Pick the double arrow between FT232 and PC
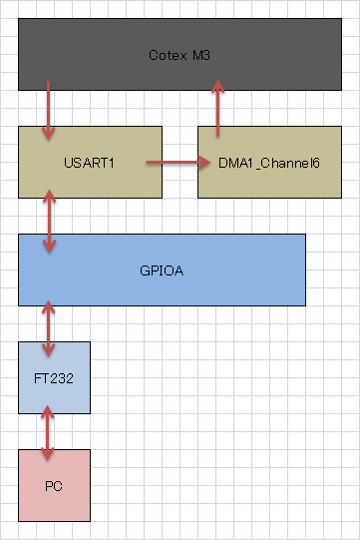pyautogui.click(x=46, y=431)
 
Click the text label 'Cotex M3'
pyautogui.click(x=180, y=54)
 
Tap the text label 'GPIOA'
pyautogui.click(x=162, y=270)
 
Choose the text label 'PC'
pyautogui.click(x=54, y=486)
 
